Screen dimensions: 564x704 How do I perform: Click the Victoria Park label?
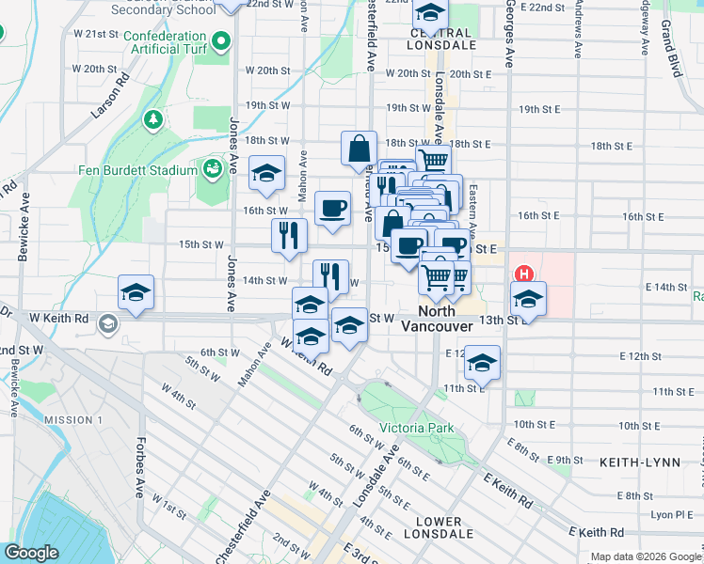point(416,429)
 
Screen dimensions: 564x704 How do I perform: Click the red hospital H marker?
point(524,275)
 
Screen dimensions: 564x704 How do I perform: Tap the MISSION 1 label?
point(72,419)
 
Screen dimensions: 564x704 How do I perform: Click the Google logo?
point(31,553)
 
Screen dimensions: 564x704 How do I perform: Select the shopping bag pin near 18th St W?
point(359,149)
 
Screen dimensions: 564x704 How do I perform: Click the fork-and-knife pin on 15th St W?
point(289,236)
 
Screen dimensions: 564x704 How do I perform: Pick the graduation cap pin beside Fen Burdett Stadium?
point(266,173)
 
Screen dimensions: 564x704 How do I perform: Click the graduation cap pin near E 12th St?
point(482,364)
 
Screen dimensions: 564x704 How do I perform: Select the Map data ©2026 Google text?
point(646,556)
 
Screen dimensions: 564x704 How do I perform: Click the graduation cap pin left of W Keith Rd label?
point(136,292)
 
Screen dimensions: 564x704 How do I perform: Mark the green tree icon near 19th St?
point(152,119)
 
